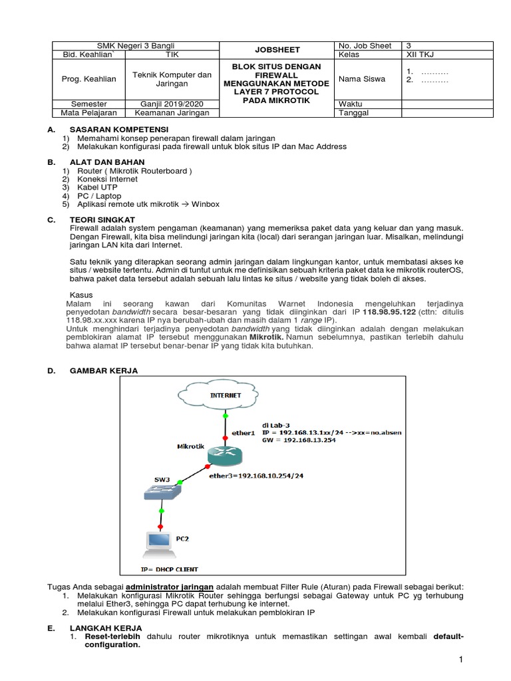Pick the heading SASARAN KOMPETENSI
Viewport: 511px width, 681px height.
pyautogui.click(x=119, y=128)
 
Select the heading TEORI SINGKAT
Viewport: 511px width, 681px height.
pyautogui.click(x=102, y=219)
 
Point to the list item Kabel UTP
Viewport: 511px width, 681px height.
pyautogui.click(x=98, y=188)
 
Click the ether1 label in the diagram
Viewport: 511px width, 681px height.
pyautogui.click(x=244, y=433)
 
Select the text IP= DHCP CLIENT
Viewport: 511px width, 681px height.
pyautogui.click(x=170, y=569)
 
